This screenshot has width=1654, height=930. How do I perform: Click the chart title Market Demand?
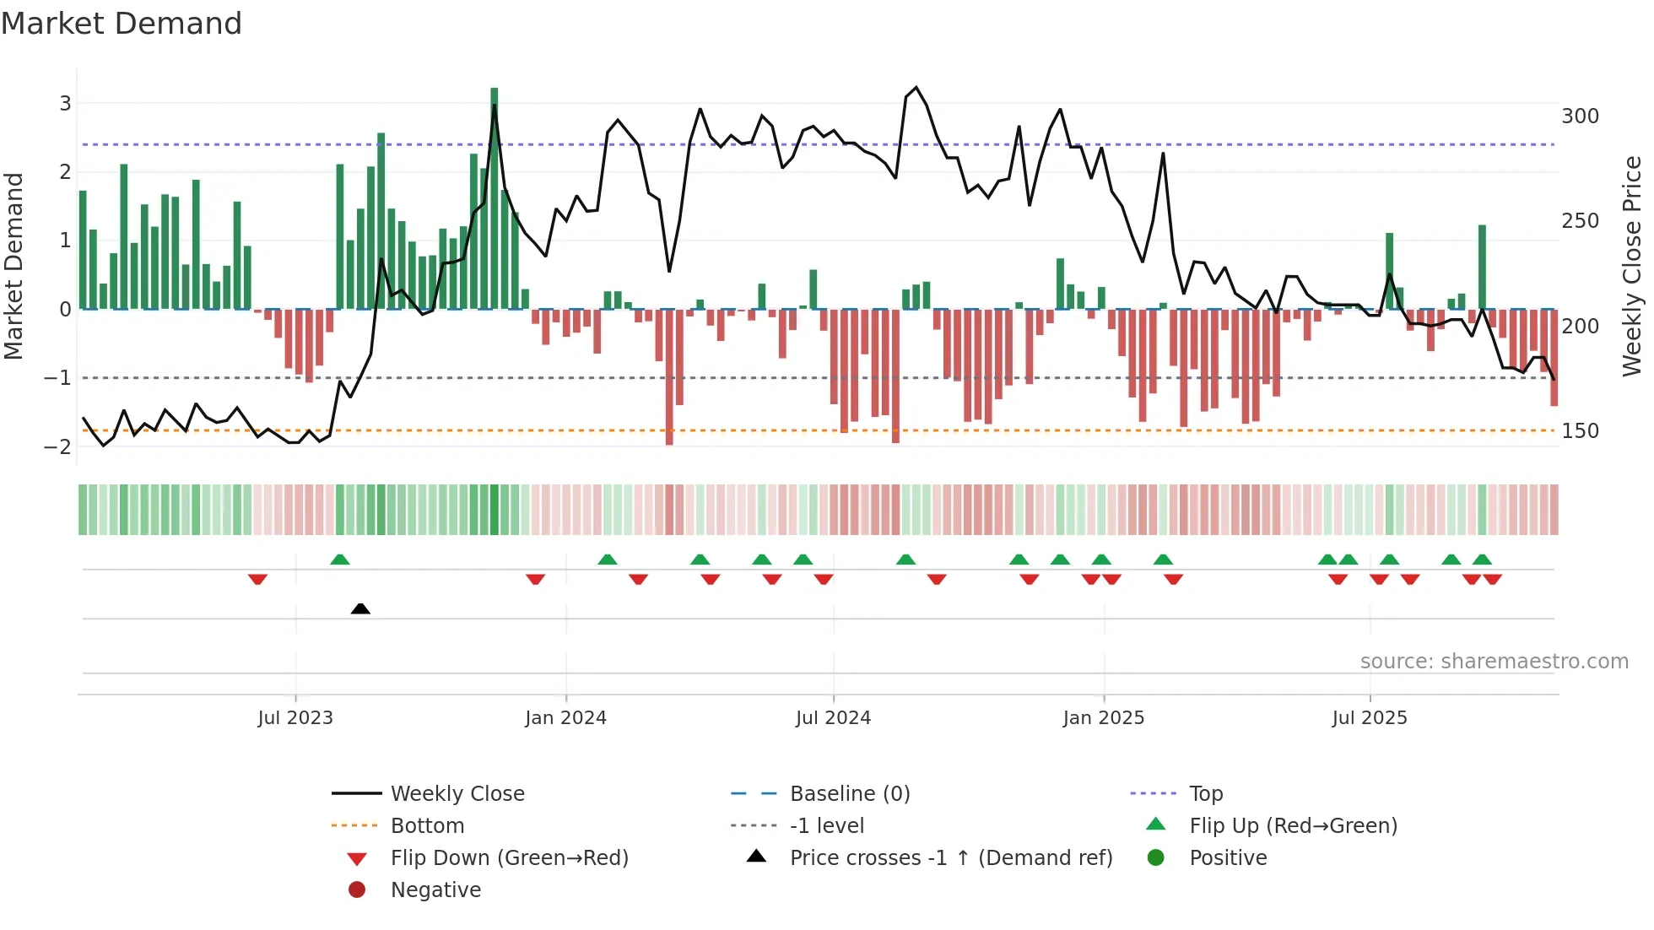(122, 24)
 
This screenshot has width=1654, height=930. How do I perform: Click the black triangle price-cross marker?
(360, 608)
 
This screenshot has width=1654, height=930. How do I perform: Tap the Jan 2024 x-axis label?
(565, 718)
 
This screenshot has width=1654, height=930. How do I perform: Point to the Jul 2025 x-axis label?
(1370, 718)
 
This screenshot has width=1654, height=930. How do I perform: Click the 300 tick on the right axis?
(1580, 116)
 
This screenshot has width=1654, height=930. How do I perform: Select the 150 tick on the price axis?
(1580, 431)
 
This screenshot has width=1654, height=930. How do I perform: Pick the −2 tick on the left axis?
(57, 446)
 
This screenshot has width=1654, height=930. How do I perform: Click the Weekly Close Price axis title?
(1632, 266)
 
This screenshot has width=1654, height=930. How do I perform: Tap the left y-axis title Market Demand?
(14, 266)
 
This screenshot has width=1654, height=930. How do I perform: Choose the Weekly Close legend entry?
(457, 794)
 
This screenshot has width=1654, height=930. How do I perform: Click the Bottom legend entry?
(427, 826)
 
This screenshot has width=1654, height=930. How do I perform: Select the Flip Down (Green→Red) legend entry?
(509, 858)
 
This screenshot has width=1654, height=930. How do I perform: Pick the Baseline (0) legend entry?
(849, 794)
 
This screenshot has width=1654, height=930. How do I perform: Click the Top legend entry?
(1206, 794)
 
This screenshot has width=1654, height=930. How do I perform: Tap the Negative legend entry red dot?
(357, 890)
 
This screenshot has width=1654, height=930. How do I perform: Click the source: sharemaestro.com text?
(1494, 662)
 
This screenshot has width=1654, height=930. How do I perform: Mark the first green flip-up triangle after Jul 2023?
(340, 560)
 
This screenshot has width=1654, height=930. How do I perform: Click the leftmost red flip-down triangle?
(257, 579)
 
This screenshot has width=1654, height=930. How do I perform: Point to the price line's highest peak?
(916, 88)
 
